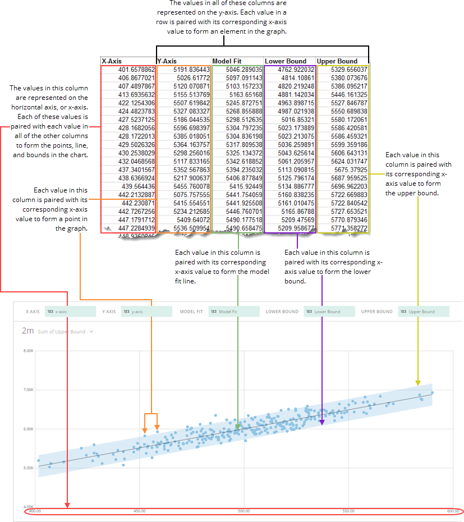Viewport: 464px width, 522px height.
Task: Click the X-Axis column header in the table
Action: coord(112,61)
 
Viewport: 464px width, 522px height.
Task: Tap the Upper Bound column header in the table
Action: coord(337,61)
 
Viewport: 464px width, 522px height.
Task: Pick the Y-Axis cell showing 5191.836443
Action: coord(191,70)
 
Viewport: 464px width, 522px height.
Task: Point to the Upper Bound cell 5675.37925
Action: coord(350,169)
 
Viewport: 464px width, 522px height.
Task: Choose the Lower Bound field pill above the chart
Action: coord(329,312)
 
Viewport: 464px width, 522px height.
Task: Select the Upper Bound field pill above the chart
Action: coord(424,312)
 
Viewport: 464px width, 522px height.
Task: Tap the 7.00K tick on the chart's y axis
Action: coord(29,390)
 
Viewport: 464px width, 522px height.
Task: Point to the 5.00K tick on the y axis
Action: coord(29,467)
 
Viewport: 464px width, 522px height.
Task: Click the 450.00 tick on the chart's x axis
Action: coord(139,511)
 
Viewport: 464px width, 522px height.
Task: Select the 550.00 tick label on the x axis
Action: coord(348,511)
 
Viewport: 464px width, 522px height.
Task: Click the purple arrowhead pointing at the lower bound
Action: coord(322,422)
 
